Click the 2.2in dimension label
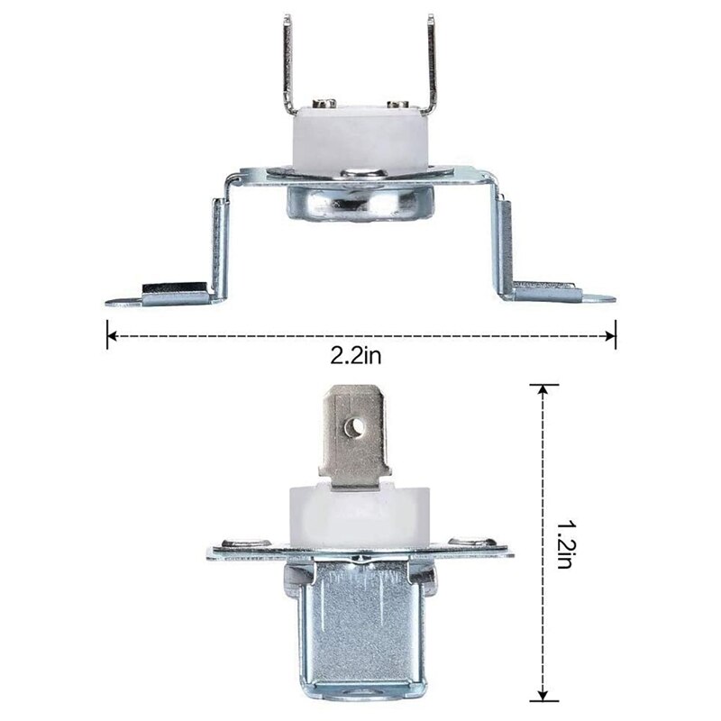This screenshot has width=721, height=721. coord(356,357)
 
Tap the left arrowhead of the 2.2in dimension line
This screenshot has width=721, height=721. coord(111,337)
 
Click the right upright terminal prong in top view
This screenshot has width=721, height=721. coord(431,63)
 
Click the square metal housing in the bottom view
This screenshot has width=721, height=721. coord(360,631)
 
